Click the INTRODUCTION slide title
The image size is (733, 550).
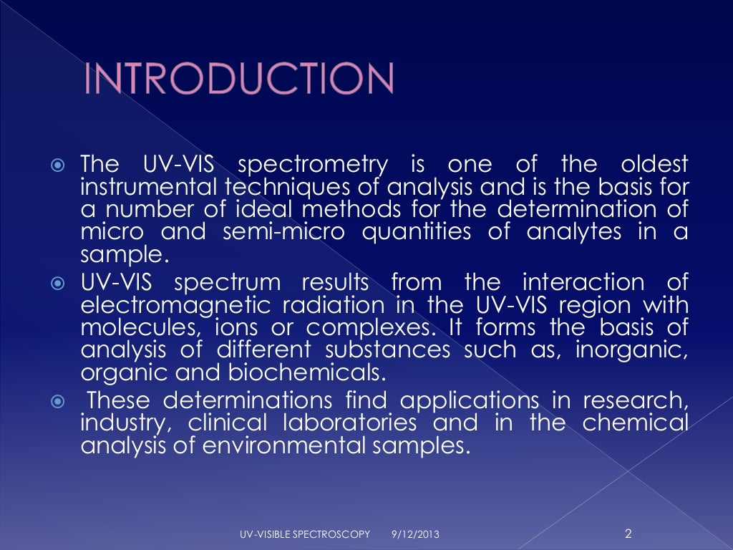pyautogui.click(x=238, y=79)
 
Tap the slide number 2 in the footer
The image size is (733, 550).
pyautogui.click(x=628, y=532)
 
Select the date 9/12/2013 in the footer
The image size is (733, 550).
pyautogui.click(x=416, y=534)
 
